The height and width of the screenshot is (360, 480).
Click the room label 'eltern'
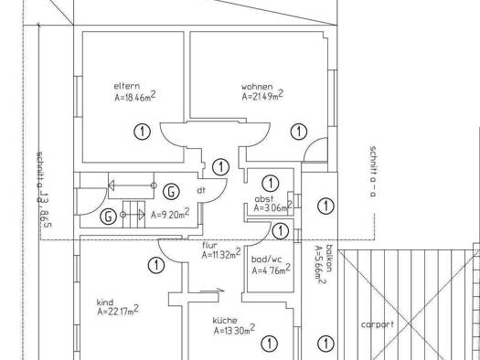[127, 86]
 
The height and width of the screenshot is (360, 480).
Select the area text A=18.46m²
[135, 96]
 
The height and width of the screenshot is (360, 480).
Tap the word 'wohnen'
[257, 87]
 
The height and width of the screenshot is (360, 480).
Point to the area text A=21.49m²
[262, 95]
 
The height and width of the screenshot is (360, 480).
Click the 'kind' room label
[105, 302]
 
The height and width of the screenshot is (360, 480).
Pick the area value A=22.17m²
[118, 311]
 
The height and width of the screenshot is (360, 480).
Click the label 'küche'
[225, 320]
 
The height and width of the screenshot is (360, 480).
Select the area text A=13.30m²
[234, 330]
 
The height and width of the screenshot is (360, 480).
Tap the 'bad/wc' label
[267, 259]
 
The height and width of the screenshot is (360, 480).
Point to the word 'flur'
[210, 245]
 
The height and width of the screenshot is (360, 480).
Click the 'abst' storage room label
[264, 199]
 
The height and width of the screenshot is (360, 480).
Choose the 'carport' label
[378, 324]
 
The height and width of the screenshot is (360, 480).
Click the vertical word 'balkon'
[329, 259]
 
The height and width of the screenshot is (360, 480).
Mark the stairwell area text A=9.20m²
[170, 213]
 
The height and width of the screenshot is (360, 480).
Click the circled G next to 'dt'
[171, 192]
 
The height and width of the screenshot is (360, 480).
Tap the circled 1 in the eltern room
[143, 132]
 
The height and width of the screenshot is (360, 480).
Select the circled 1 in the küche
[270, 344]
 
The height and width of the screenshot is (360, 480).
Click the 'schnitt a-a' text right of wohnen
[373, 171]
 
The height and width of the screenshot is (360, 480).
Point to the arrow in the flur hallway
[212, 291]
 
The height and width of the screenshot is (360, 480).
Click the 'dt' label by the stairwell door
[201, 190]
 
